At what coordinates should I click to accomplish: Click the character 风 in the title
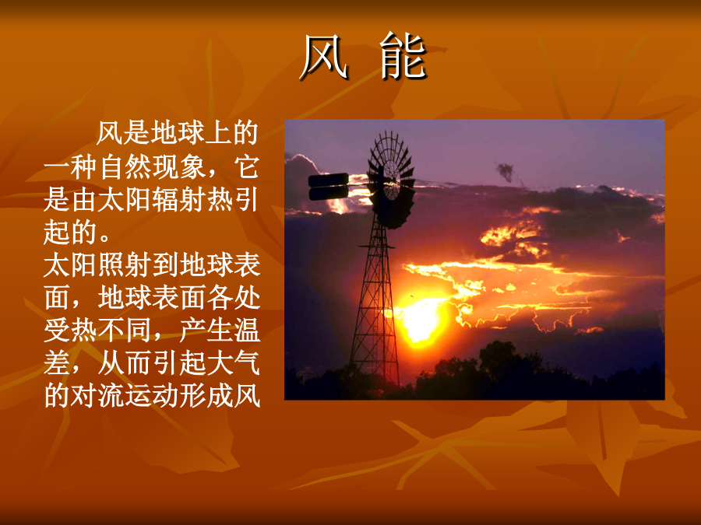(x=324, y=57)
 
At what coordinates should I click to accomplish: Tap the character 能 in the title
(x=403, y=56)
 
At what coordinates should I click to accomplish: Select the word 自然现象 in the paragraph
(x=153, y=168)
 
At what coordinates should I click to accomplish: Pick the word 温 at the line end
(x=247, y=331)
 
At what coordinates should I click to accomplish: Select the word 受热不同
(x=98, y=331)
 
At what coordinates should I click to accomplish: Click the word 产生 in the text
(x=206, y=331)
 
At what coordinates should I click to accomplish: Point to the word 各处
(x=233, y=297)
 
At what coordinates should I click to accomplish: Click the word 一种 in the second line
(x=71, y=168)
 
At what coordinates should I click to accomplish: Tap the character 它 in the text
(x=247, y=168)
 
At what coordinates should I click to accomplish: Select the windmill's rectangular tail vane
(x=329, y=187)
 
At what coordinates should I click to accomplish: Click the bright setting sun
(x=421, y=319)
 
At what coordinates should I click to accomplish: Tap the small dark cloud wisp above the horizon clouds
(x=505, y=172)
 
